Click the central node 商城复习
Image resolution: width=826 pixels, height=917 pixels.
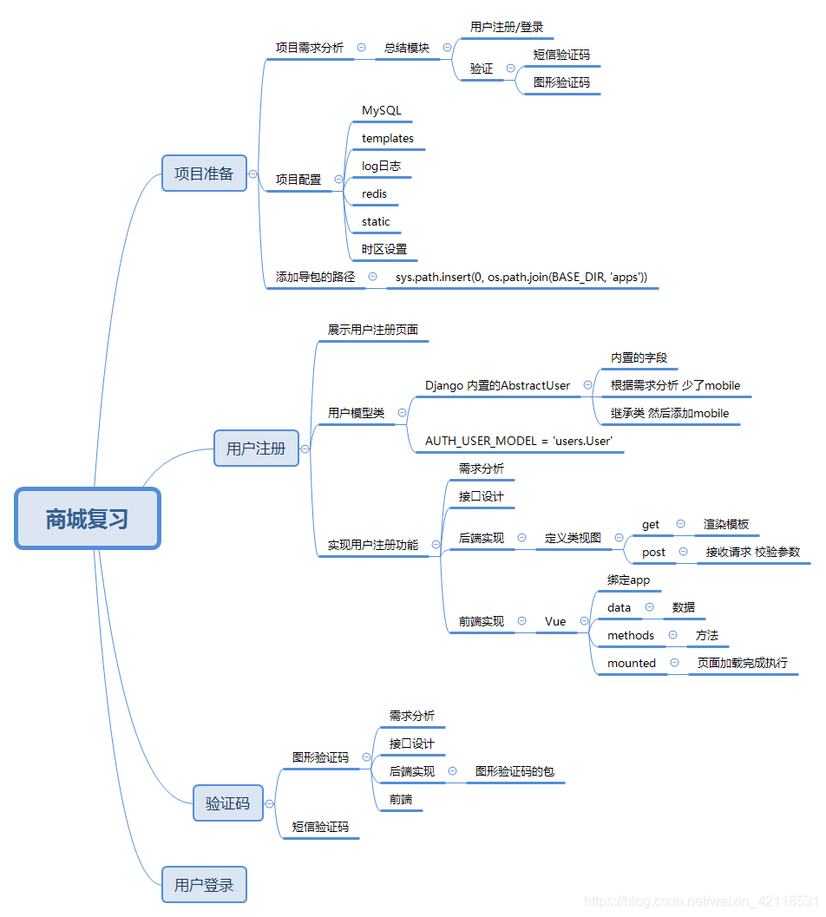tap(88, 519)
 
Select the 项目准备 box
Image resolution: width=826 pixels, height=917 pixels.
tap(204, 174)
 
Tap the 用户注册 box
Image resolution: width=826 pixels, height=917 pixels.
tap(256, 449)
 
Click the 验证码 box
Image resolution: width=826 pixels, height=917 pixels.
tap(227, 803)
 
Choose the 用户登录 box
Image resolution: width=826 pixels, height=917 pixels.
tap(204, 885)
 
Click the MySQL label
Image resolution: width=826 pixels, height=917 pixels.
tap(382, 111)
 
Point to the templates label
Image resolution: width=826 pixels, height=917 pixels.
tap(388, 139)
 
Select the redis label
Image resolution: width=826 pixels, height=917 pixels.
tap(375, 193)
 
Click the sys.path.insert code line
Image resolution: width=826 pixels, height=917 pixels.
tap(521, 277)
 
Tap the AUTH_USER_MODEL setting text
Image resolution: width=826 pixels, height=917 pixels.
tap(519, 441)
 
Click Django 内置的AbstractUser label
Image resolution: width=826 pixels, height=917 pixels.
tap(497, 385)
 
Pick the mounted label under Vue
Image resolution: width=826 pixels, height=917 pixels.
tap(632, 663)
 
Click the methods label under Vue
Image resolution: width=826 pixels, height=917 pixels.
tap(631, 635)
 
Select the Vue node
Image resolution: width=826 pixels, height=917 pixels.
tap(555, 621)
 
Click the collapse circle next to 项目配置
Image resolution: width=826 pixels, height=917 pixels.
tap(338, 180)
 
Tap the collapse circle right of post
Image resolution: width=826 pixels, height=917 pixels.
tap(684, 552)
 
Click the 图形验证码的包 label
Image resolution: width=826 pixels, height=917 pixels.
tap(515, 771)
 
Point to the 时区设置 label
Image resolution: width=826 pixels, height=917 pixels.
tap(384, 249)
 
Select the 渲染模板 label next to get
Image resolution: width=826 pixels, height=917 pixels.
tap(726, 524)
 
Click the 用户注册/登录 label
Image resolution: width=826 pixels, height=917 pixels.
tap(507, 27)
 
